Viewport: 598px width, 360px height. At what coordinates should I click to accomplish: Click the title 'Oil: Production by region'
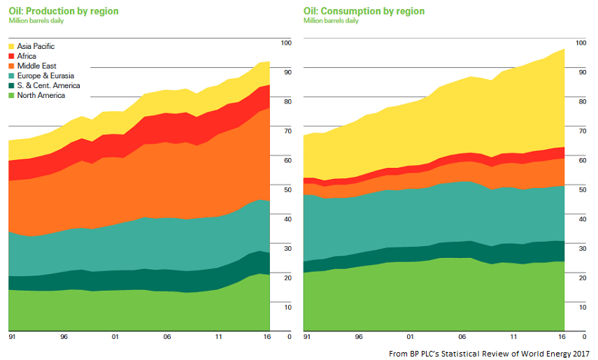tap(64, 11)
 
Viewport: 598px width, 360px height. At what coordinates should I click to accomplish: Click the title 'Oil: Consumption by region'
tap(364, 11)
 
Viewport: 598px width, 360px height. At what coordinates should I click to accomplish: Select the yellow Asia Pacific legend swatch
tap(12, 46)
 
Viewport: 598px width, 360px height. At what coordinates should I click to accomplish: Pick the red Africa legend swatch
tap(12, 56)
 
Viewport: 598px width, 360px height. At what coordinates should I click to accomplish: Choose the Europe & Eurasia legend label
tap(45, 75)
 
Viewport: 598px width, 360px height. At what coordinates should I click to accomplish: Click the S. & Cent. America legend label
tap(48, 85)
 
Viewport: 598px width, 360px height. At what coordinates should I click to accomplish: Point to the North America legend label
tap(42, 95)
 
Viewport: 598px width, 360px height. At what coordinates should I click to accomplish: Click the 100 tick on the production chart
tap(284, 43)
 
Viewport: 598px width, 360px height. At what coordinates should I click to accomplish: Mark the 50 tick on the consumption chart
tap(580, 189)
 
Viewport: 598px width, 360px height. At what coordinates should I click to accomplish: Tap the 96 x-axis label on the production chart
tap(64, 337)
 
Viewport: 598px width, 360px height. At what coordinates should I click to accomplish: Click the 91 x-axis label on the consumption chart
tap(308, 337)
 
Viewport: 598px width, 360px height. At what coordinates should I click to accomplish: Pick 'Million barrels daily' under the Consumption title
tap(331, 21)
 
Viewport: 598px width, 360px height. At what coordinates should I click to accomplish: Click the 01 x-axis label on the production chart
tap(115, 337)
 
